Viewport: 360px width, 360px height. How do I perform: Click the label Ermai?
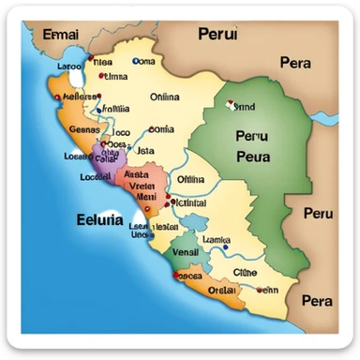[x=61, y=36]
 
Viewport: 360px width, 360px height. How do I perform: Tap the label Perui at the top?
[x=218, y=35]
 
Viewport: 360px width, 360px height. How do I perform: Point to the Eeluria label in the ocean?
[x=97, y=221]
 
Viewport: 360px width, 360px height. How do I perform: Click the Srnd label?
[x=245, y=107]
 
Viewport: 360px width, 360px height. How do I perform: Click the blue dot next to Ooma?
[x=136, y=61]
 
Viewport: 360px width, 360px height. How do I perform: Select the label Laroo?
[x=42, y=67]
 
